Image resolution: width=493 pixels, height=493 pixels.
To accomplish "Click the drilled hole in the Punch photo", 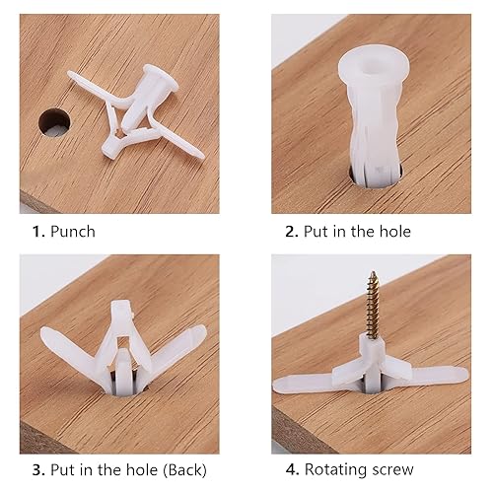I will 55,122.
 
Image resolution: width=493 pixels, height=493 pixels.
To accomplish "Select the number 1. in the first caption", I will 35,232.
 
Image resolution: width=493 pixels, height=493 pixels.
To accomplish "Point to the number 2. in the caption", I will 291,232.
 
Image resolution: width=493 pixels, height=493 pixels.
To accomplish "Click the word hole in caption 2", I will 392,232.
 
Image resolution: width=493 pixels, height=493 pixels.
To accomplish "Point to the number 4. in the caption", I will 291,469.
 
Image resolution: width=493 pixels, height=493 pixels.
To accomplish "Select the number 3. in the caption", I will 35,469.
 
